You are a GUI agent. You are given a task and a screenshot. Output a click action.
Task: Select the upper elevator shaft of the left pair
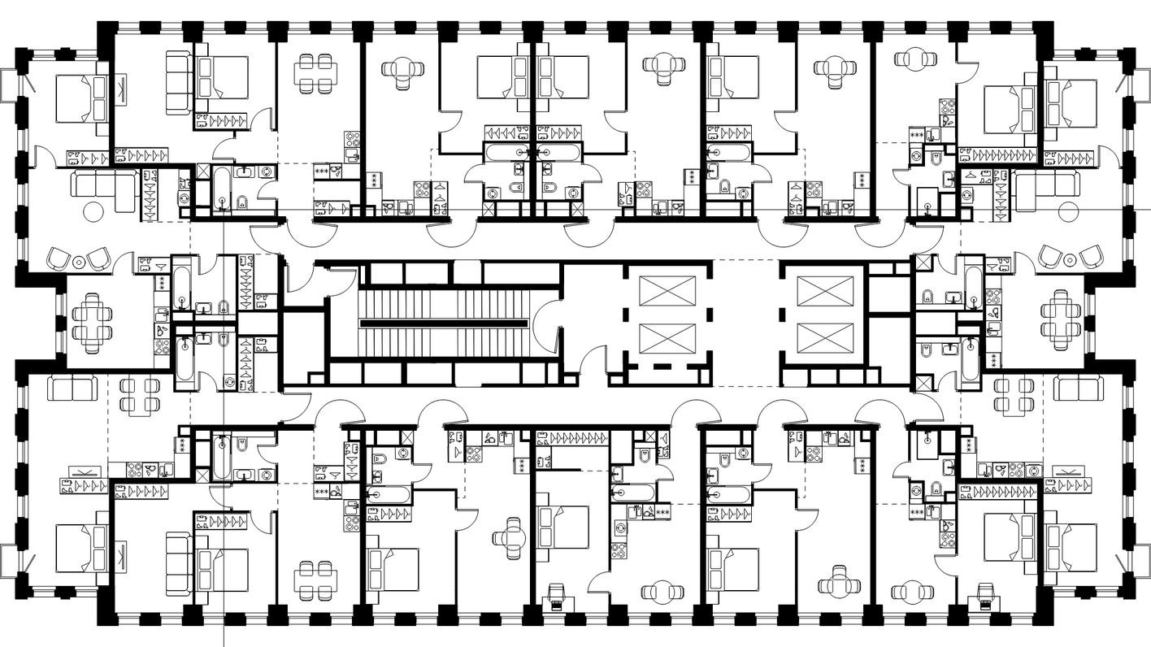pyautogui.click(x=668, y=291)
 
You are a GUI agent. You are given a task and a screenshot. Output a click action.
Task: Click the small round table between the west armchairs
pyautogui.click(x=79, y=262)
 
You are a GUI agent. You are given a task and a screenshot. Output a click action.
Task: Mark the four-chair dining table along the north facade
pyautogui.click(x=315, y=73)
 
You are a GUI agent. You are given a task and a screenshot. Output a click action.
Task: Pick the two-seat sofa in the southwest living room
pyautogui.click(x=72, y=389)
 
